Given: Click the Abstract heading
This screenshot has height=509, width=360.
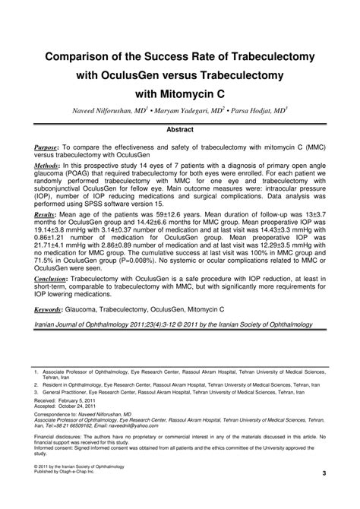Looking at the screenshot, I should [179, 130].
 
